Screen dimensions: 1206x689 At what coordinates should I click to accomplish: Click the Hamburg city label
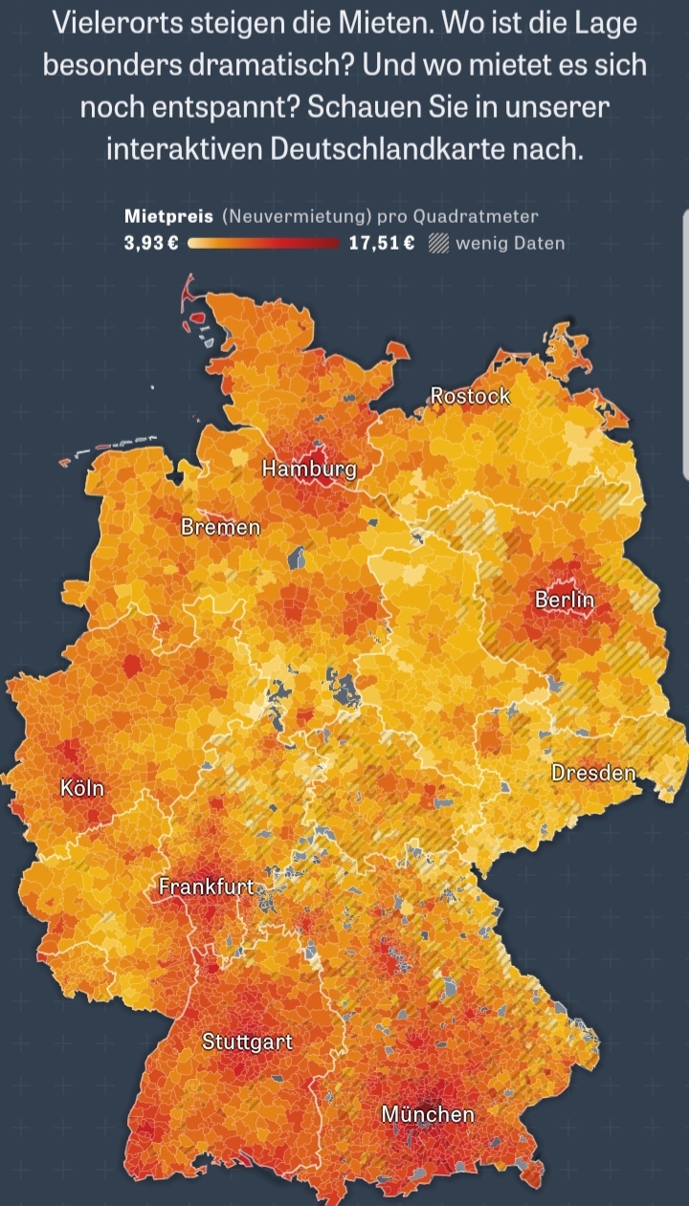tap(308, 469)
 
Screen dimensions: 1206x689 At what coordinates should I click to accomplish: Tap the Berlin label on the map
tap(565, 600)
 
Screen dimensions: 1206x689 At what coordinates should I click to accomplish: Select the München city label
tap(428, 1114)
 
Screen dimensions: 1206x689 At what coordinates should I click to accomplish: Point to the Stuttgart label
tap(247, 1042)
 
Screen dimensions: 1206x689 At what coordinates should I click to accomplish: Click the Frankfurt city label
tap(207, 887)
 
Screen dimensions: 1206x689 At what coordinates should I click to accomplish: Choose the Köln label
tap(81, 789)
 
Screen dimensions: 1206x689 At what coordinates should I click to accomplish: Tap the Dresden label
tap(593, 773)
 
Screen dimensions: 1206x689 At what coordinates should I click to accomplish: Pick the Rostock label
tap(470, 395)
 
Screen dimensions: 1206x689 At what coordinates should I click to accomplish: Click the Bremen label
tap(220, 527)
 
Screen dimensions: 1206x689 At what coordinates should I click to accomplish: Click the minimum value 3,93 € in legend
tap(151, 243)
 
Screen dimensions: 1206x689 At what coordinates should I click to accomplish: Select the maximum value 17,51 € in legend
tap(381, 243)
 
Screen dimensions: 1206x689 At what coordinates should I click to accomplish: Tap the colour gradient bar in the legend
tap(264, 243)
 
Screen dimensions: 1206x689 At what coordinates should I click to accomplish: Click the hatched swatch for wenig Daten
tap(438, 243)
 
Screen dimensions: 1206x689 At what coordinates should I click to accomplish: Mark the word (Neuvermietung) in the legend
tap(298, 217)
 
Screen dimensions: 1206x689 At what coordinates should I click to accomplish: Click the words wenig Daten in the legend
tap(510, 243)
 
